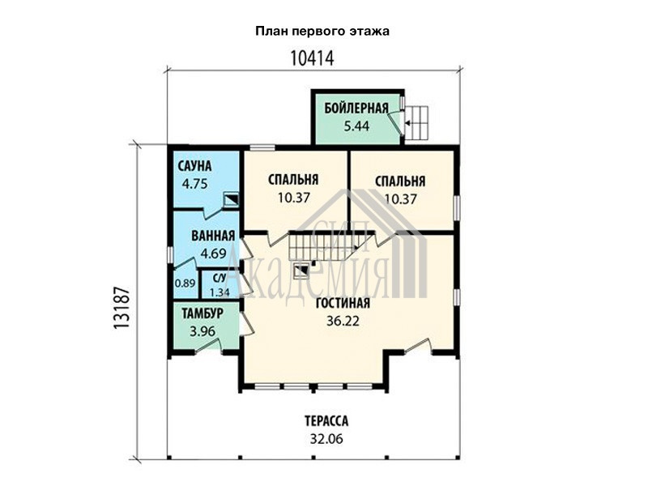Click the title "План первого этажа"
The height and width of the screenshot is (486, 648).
322,32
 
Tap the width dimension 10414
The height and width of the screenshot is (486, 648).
312,58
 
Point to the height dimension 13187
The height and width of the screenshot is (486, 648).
122,308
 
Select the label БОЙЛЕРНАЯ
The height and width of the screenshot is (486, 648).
356,109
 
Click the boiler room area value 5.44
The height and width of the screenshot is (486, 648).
356,126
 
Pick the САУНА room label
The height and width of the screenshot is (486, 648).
194,166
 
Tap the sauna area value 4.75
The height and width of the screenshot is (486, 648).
194,184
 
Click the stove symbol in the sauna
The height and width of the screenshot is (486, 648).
231,200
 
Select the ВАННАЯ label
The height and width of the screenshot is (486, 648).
213,236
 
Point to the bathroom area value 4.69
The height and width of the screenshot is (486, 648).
213,253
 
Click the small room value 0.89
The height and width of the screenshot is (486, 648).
185,283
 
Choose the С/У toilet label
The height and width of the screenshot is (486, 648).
220,278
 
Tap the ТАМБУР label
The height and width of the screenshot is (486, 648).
202,313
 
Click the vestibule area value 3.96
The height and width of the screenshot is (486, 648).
202,331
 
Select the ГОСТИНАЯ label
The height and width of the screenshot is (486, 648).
343,303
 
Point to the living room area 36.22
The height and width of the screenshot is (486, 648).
343,321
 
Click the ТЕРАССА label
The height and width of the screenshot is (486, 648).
326,421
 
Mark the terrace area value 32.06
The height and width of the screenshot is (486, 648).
326,438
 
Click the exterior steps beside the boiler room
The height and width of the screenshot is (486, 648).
416,123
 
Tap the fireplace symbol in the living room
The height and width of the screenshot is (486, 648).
301,271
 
